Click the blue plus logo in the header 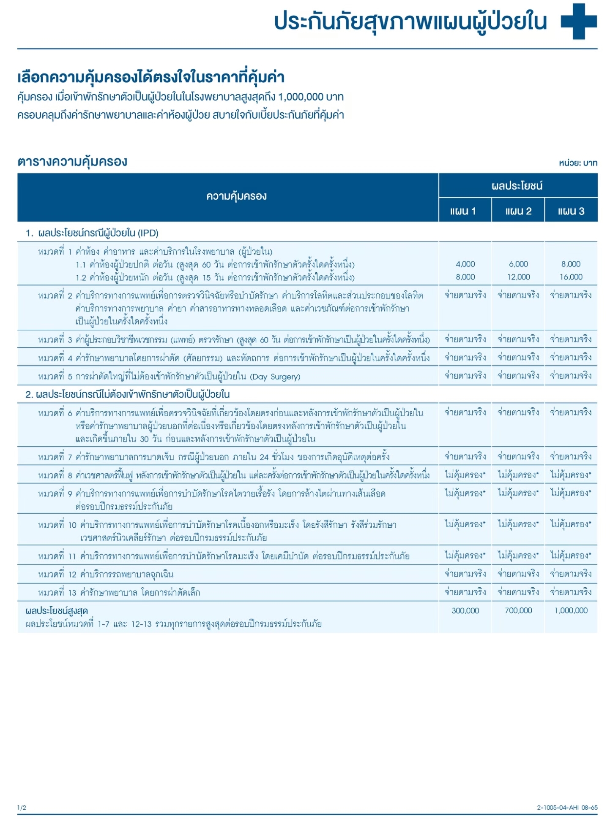pyautogui.click(x=579, y=21)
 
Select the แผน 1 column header pyautogui.click(x=463, y=211)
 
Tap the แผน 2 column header pyautogui.click(x=518, y=211)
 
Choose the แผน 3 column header pyautogui.click(x=571, y=211)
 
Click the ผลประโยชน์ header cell pyautogui.click(x=517, y=186)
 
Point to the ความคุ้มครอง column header pyautogui.click(x=236, y=196)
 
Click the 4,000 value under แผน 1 pyautogui.click(x=465, y=264)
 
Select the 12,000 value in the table pyautogui.click(x=518, y=277)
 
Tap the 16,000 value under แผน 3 pyautogui.click(x=571, y=277)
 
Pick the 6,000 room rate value pyautogui.click(x=518, y=264)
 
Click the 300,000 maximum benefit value pyautogui.click(x=465, y=610)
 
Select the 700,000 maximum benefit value pyautogui.click(x=518, y=610)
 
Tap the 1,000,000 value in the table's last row pyautogui.click(x=571, y=610)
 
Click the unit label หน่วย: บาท pyautogui.click(x=578, y=163)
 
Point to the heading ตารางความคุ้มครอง pyautogui.click(x=72, y=162)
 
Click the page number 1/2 pyautogui.click(x=22, y=808)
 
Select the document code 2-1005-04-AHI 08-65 pyautogui.click(x=567, y=808)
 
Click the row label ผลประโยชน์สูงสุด pyautogui.click(x=57, y=611)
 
